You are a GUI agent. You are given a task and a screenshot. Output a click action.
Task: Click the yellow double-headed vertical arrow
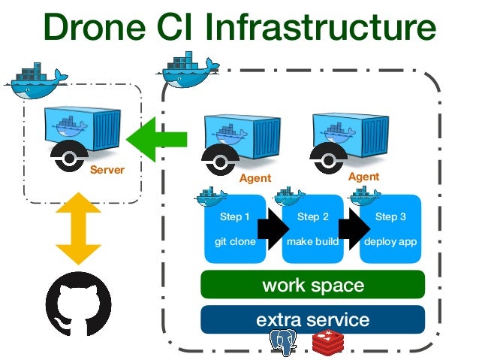[x=78, y=226]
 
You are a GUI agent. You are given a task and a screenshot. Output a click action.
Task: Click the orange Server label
[x=107, y=170]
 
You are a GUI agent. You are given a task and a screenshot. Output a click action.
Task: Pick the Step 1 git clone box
[x=235, y=229]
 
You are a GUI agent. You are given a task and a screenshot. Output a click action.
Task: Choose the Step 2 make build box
[x=313, y=229]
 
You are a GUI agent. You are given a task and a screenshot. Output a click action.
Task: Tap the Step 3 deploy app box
[x=390, y=229]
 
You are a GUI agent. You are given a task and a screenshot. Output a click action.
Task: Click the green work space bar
[x=312, y=285]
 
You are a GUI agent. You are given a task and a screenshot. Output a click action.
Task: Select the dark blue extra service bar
[x=312, y=319]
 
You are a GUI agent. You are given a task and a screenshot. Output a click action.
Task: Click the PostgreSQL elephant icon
[x=284, y=343]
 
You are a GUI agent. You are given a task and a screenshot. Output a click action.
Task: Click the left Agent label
[x=255, y=179]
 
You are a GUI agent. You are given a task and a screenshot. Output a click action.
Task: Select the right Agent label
[x=363, y=177]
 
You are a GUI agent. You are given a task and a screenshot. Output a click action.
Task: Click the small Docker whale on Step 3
[x=366, y=197]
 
